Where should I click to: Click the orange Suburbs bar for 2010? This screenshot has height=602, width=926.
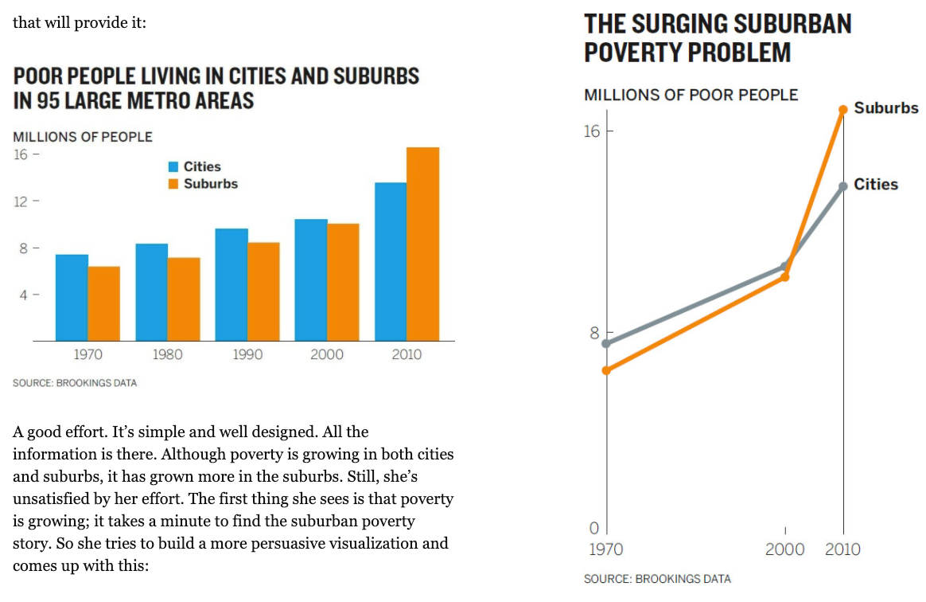pos(422,244)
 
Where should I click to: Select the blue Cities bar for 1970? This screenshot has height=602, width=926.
pos(72,297)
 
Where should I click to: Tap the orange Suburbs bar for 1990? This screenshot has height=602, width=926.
pos(263,291)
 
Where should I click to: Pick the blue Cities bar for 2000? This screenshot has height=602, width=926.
pos(311,279)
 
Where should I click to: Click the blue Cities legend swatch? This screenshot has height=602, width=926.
pos(173,167)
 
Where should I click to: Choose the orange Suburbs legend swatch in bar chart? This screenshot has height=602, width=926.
pos(173,184)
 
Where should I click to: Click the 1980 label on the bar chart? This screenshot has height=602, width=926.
pos(167,354)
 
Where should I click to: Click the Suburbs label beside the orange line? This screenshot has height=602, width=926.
pos(885,108)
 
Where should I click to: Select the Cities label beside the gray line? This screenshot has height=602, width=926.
pos(875,185)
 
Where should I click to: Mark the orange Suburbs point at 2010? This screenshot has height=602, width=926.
pos(843,110)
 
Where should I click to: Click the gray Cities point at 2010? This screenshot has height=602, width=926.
pos(843,186)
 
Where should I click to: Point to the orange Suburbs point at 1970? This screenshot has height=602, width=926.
pos(606,370)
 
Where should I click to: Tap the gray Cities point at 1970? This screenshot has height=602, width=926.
pos(606,343)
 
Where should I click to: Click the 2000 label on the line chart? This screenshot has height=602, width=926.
pos(784,549)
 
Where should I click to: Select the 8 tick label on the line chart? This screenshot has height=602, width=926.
pos(594,333)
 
